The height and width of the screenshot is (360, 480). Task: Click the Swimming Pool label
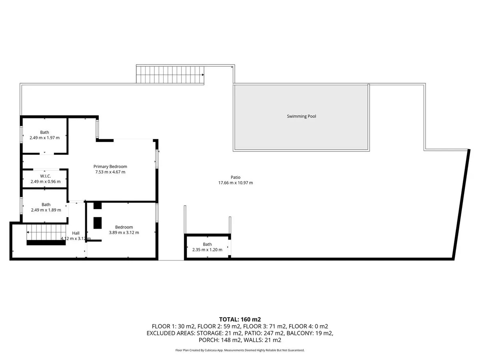click(301, 116)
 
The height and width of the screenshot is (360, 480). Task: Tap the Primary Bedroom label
click(110, 166)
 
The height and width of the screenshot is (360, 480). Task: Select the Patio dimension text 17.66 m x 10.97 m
click(236, 183)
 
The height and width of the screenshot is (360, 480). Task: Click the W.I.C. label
click(46, 176)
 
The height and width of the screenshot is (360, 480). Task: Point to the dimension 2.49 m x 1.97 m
click(45, 138)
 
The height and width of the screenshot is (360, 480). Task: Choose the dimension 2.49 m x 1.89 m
click(46, 210)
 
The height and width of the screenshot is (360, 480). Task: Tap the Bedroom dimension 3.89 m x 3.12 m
click(124, 232)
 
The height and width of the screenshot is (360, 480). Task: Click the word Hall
click(76, 233)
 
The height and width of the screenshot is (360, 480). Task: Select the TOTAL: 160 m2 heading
click(240, 320)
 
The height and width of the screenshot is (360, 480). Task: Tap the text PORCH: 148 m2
click(219, 340)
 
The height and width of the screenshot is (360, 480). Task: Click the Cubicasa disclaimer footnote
click(240, 350)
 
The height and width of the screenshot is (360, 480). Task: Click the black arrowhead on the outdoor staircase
click(203, 75)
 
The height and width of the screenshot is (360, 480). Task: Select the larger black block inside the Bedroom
click(98, 223)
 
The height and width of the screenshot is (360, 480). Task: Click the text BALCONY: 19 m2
click(310, 333)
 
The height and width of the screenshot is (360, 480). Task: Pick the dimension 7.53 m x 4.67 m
click(110, 172)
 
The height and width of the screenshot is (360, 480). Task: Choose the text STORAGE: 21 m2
click(219, 333)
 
